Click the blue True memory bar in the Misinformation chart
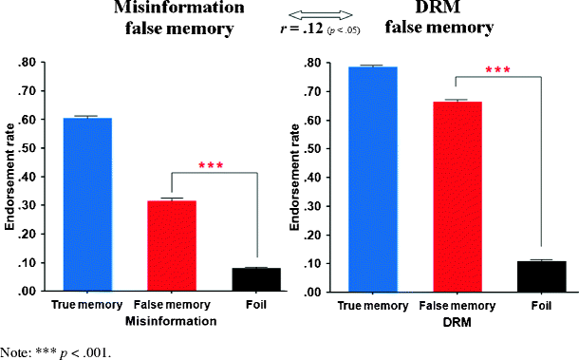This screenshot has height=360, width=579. click(x=86, y=204)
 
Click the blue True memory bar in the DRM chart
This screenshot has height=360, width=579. click(x=372, y=179)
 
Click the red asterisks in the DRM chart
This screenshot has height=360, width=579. click(x=497, y=70)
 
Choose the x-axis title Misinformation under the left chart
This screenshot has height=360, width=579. click(x=171, y=321)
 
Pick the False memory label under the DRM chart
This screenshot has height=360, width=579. click(x=458, y=306)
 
